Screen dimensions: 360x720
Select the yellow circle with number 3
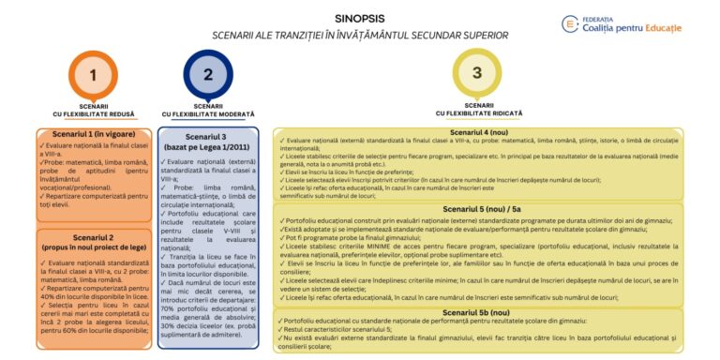(x=477, y=72)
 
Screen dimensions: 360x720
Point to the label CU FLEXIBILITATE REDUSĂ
(x=92, y=114)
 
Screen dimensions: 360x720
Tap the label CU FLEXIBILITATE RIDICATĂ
(x=478, y=112)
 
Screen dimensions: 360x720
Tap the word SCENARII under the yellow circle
(x=478, y=104)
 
